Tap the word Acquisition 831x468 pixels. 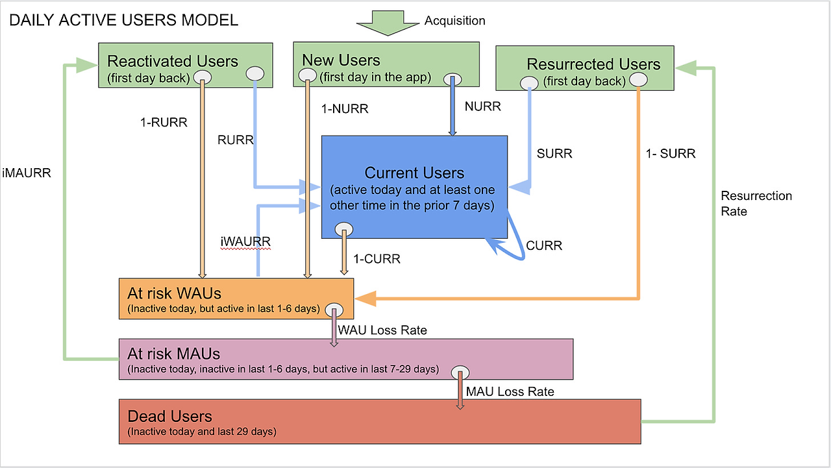point(454,21)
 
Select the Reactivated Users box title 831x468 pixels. point(173,62)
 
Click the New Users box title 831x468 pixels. point(341,60)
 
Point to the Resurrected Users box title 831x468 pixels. point(593,64)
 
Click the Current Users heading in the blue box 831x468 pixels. point(414,173)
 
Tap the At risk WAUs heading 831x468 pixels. point(175,293)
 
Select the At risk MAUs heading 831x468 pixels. point(174,354)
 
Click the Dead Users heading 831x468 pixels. point(170,416)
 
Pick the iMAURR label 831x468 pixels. point(27,174)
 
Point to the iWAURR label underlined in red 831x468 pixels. point(245,241)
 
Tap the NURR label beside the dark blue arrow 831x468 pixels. point(482,106)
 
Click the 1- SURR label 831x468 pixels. point(670,154)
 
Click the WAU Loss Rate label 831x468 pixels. point(382,330)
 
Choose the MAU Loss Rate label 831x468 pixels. point(510,392)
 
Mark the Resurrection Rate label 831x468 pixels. point(756,204)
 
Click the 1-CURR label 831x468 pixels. point(377,259)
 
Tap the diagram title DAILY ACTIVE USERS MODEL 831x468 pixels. point(123,20)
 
